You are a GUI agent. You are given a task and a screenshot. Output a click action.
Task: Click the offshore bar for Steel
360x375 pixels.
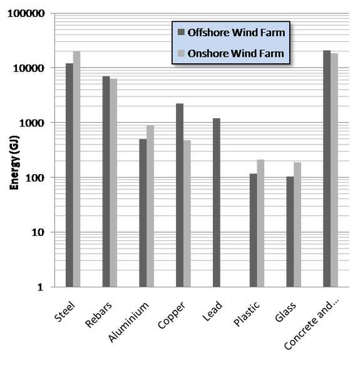click(x=69, y=175)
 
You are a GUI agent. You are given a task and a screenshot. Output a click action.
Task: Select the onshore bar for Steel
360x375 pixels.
click(x=77, y=169)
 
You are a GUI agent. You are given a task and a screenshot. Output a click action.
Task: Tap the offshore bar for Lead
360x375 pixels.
click(x=217, y=203)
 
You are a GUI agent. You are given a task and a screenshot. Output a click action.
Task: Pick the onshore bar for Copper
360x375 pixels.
click(x=187, y=213)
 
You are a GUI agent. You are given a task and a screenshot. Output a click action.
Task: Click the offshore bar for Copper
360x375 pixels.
click(x=180, y=195)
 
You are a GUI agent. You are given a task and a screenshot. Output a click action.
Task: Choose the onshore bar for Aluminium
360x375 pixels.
click(x=150, y=206)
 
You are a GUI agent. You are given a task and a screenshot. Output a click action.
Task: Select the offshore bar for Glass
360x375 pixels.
click(x=290, y=232)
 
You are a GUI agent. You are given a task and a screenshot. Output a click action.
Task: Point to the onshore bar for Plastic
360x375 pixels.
click(x=260, y=223)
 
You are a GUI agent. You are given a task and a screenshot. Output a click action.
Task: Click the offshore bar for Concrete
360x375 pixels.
click(x=327, y=168)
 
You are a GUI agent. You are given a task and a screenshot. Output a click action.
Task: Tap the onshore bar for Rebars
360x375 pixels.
click(x=113, y=183)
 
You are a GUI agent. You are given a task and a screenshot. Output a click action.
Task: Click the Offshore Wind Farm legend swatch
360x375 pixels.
click(x=181, y=33)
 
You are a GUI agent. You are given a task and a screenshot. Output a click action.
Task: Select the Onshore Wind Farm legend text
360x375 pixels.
click(x=236, y=53)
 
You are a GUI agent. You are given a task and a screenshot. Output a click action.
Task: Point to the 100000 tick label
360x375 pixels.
click(x=26, y=13)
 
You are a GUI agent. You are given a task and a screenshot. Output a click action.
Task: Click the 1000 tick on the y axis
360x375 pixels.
click(x=32, y=123)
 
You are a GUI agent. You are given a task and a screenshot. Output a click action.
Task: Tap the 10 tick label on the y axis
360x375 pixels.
click(x=38, y=232)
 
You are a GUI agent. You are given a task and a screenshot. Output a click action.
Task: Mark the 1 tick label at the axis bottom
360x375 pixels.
click(x=40, y=287)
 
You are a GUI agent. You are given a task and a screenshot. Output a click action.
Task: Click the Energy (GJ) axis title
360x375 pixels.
click(x=14, y=163)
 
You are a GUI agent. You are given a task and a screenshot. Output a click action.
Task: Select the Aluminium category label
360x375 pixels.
click(x=129, y=322)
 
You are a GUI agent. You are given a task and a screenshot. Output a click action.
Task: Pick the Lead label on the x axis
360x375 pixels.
click(x=212, y=311)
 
